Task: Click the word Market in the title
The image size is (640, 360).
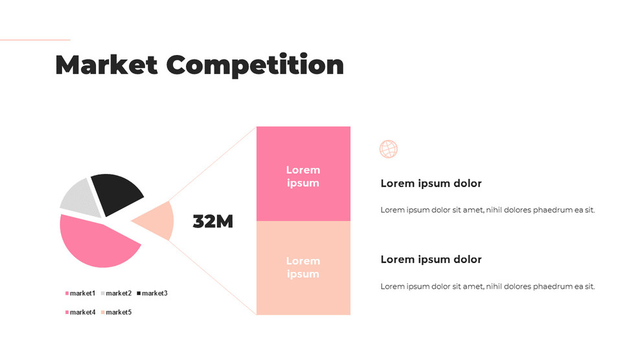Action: [106, 65]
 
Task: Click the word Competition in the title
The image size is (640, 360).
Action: [255, 65]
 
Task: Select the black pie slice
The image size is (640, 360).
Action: [117, 192]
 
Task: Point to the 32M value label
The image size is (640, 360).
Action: [212, 221]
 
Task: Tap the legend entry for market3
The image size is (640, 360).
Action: [154, 293]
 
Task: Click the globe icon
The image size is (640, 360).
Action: [388, 149]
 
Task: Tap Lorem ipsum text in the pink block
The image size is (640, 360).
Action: [303, 176]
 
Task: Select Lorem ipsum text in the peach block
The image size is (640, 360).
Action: [303, 267]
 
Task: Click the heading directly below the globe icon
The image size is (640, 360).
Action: [431, 183]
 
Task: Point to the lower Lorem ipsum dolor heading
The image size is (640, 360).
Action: [431, 259]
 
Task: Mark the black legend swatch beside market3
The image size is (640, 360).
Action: [139, 294]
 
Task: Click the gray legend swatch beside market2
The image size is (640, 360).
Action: [102, 294]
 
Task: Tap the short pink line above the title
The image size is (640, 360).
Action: [35, 39]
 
